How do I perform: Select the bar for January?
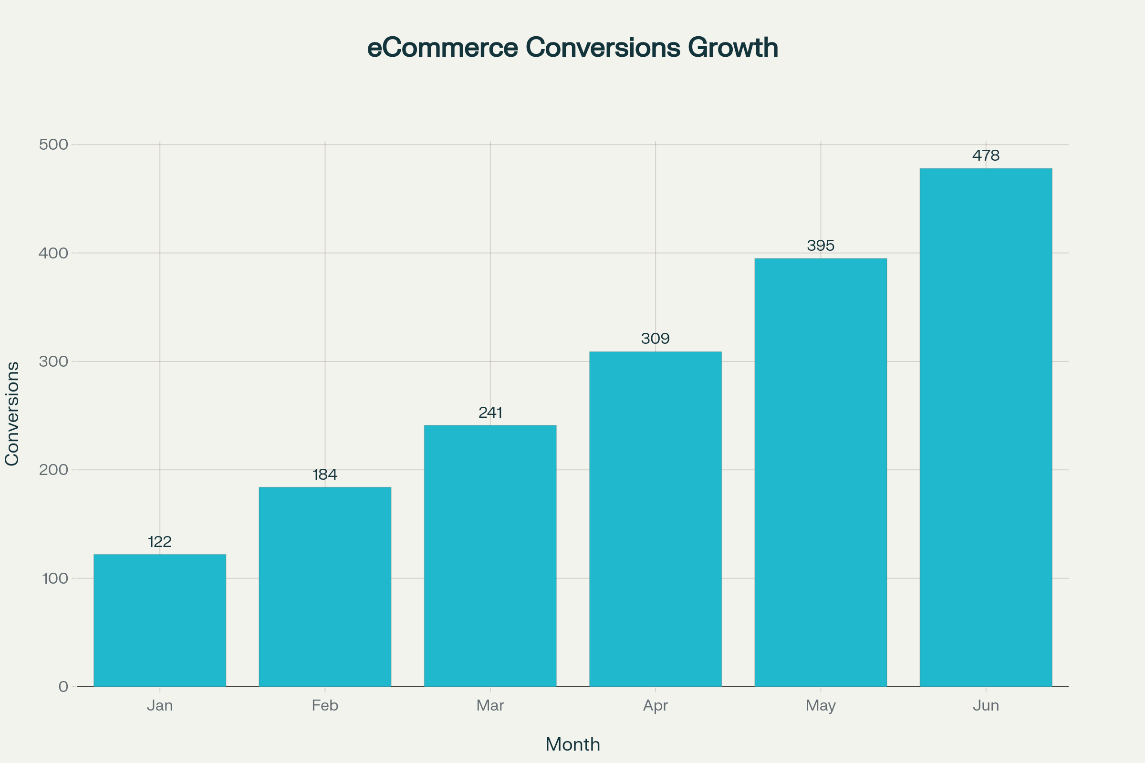coord(160,620)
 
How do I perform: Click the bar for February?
coord(325,587)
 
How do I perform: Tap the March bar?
coord(490,556)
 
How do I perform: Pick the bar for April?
coord(655,519)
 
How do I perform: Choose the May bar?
coord(821,472)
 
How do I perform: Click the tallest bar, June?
coord(986,427)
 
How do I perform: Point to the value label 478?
coord(986,156)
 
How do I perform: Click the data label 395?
coord(821,246)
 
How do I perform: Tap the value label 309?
coord(655,339)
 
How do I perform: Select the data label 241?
coord(490,412)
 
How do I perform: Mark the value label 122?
coord(160,542)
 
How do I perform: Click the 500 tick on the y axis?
coord(53,144)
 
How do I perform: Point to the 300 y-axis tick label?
coord(53,361)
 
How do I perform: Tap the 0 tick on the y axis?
coord(63,687)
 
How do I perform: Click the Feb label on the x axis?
coord(325,706)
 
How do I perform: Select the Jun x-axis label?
coord(986,706)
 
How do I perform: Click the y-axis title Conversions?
coord(11,413)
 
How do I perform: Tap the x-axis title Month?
coord(572,744)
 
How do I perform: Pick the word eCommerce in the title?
coord(442,48)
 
